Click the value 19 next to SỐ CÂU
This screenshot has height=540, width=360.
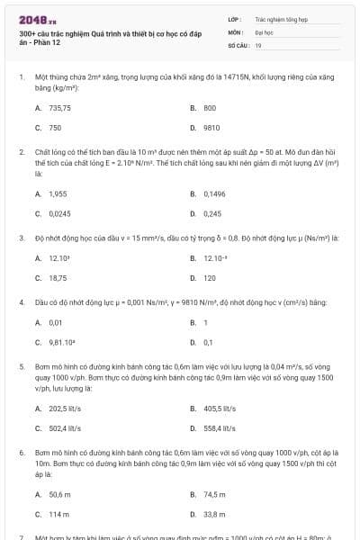pos(258,44)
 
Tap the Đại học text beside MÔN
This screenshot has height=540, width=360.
pos(263,31)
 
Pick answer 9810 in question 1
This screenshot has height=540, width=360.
pos(211,128)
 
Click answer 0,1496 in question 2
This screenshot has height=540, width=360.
pos(214,193)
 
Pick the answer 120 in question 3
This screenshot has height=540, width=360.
pos(209,278)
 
